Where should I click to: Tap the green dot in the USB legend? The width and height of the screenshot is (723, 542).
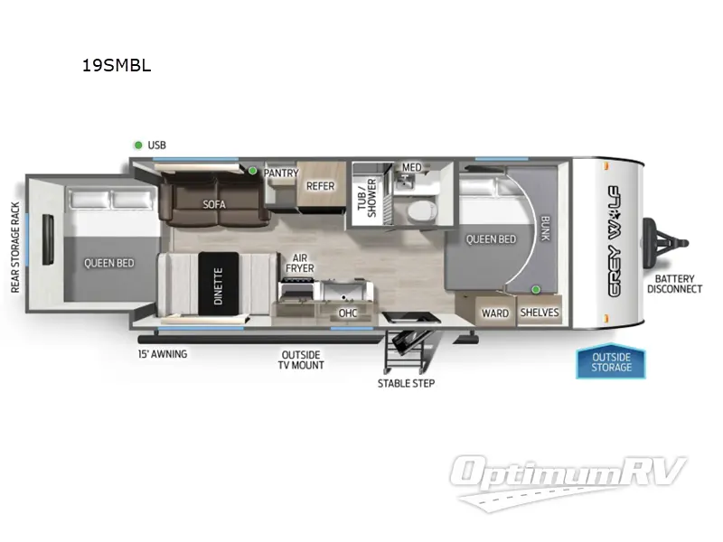[x=138, y=145]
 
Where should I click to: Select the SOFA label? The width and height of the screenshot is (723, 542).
[x=214, y=204]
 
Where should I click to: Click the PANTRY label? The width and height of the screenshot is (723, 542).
[x=280, y=173]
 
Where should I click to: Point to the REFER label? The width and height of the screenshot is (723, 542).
[x=320, y=186]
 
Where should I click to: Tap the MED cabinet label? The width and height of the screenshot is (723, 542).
[x=412, y=167]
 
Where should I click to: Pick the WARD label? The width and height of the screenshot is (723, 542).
[x=494, y=313]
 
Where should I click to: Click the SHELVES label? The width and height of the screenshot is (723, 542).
[x=540, y=313]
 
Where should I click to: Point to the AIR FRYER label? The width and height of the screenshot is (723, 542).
[x=300, y=263]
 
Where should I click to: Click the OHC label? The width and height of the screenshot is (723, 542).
[x=348, y=313]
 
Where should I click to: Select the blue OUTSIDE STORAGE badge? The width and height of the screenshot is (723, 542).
[x=612, y=361]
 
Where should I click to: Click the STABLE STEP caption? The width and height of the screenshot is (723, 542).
[x=406, y=383]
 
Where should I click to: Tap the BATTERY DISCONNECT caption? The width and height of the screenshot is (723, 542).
[x=674, y=284]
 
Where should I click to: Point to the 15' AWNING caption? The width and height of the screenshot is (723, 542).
[x=163, y=354]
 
